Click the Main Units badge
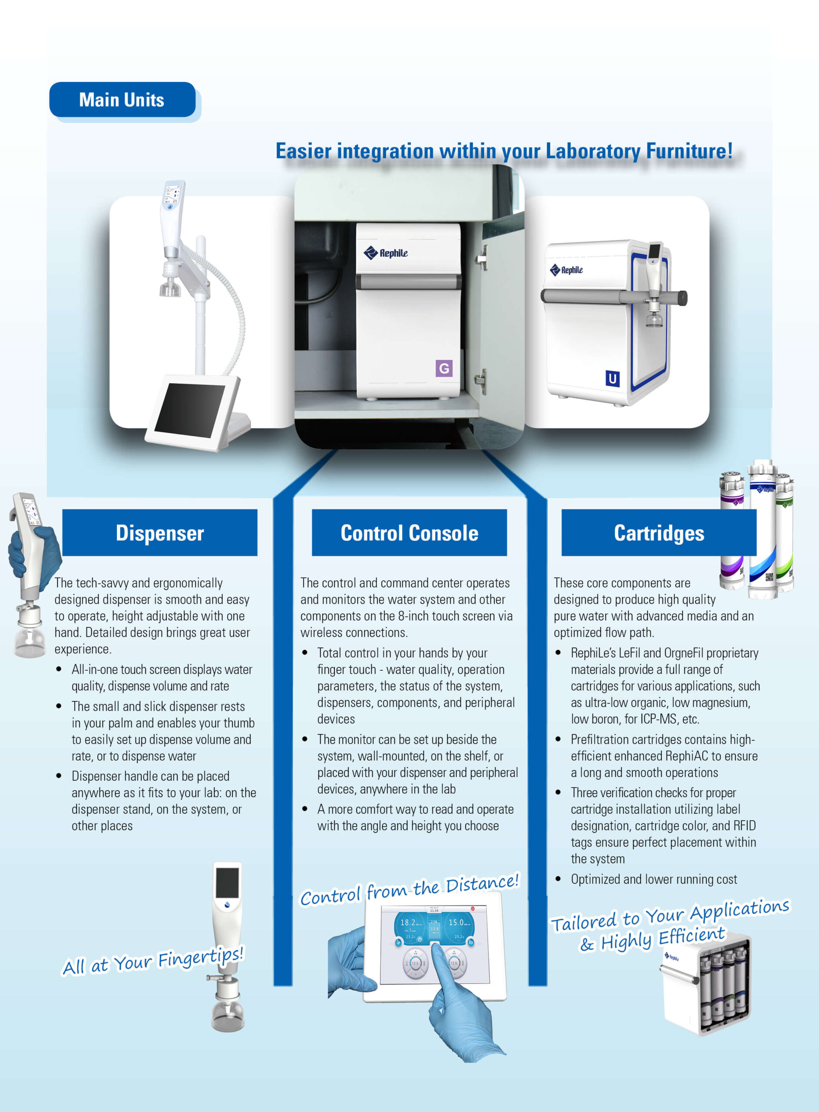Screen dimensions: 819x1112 (122, 99)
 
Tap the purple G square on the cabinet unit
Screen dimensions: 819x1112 (444, 368)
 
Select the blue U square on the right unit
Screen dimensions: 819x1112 (612, 379)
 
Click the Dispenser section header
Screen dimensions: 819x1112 (160, 533)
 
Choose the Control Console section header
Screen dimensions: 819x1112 (409, 533)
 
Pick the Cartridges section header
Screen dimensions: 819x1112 (659, 533)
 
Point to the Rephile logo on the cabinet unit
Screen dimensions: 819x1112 (386, 253)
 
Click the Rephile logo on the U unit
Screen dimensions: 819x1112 (566, 270)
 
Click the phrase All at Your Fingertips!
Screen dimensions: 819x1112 (153, 960)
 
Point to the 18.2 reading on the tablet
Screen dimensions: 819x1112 (409, 922)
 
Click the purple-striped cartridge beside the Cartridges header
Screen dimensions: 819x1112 (732, 530)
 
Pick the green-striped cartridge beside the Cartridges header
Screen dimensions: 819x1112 (785, 533)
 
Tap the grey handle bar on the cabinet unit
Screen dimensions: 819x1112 (409, 281)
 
